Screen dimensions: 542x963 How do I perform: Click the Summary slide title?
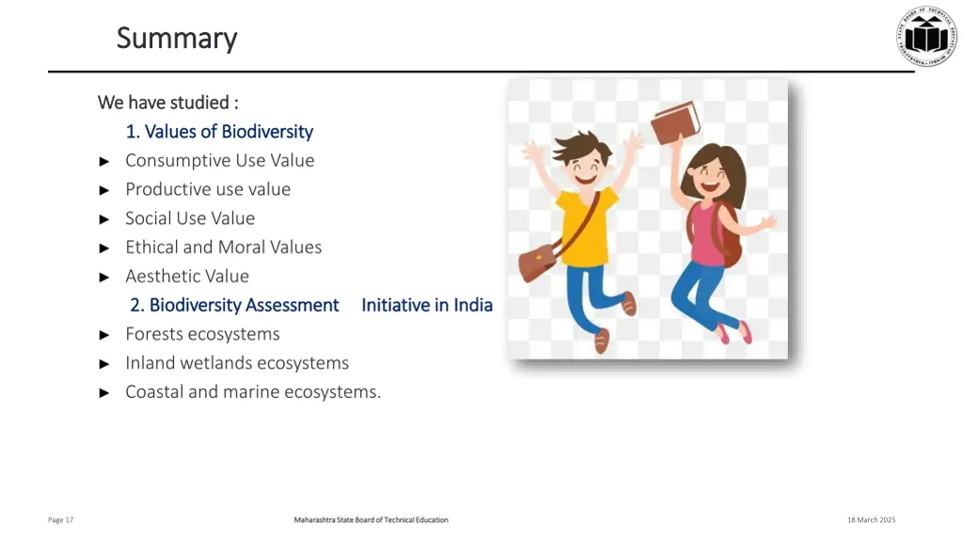[x=177, y=39]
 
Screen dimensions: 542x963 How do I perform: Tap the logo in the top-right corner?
[x=925, y=36]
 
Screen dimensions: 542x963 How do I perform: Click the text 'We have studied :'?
[x=167, y=102]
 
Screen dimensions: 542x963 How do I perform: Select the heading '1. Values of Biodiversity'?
[x=219, y=132]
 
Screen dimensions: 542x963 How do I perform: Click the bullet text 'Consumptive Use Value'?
[x=220, y=161]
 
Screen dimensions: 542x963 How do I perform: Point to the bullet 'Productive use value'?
[x=208, y=189]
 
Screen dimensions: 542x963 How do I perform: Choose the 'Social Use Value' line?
[x=190, y=218]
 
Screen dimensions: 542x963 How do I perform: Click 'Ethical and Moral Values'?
[x=224, y=247]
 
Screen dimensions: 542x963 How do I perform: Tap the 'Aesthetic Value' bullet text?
[x=187, y=277]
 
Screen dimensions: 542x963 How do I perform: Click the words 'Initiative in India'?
[x=427, y=305]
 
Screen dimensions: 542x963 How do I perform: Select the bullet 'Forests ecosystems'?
[x=202, y=334]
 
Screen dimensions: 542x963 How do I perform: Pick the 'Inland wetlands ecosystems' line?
[x=237, y=363]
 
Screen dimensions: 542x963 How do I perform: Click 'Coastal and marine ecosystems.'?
[x=253, y=392]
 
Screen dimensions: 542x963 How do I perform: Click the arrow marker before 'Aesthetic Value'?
[x=104, y=277]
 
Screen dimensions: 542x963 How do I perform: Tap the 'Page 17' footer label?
[x=61, y=520]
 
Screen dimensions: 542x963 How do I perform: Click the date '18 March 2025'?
[x=871, y=520]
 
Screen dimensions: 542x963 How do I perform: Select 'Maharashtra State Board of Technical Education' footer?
[x=371, y=520]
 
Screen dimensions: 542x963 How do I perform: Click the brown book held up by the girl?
[x=675, y=121]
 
